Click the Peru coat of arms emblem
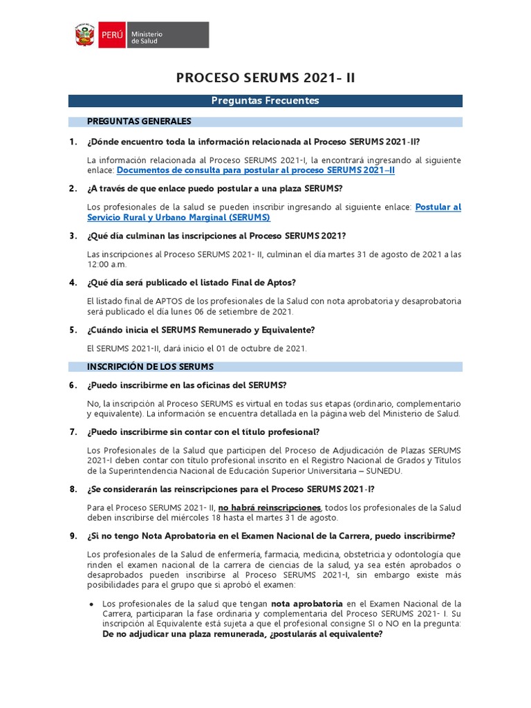[x=85, y=35]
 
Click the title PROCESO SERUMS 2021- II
[x=265, y=77]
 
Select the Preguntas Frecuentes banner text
[x=265, y=101]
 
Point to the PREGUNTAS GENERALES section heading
[x=139, y=122]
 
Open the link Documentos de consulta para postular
[x=256, y=169]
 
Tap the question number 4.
[x=73, y=282]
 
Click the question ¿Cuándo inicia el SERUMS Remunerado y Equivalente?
[x=201, y=330]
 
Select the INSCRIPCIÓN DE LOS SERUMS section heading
[x=150, y=366]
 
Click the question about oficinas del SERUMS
[x=187, y=385]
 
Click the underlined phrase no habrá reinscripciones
[x=270, y=507]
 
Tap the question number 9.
[x=73, y=535]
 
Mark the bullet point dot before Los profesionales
[x=92, y=604]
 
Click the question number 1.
[x=73, y=142]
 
